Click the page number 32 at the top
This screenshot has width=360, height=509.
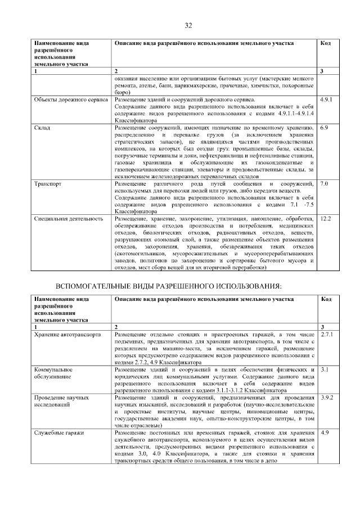point(188,25)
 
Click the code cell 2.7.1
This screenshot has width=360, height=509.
point(326,335)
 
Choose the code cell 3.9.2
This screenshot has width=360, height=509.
point(326,398)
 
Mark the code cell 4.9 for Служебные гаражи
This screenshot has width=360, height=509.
point(324,433)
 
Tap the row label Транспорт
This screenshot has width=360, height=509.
point(48,184)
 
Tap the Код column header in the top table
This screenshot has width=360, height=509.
point(325,43)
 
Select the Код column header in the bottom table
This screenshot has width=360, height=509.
point(325,299)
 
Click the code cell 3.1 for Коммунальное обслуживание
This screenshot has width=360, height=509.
point(323,370)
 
